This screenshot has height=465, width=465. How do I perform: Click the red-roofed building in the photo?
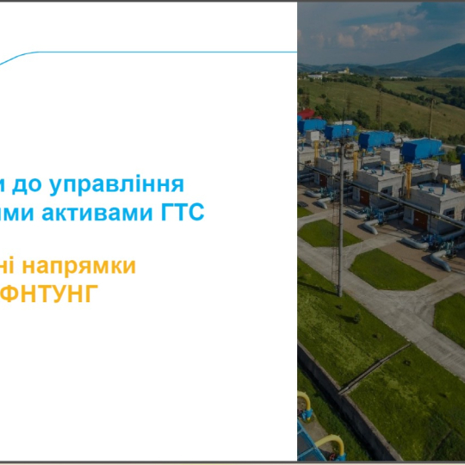coord(307,114)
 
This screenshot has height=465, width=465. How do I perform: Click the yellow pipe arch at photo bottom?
coord(331,444)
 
